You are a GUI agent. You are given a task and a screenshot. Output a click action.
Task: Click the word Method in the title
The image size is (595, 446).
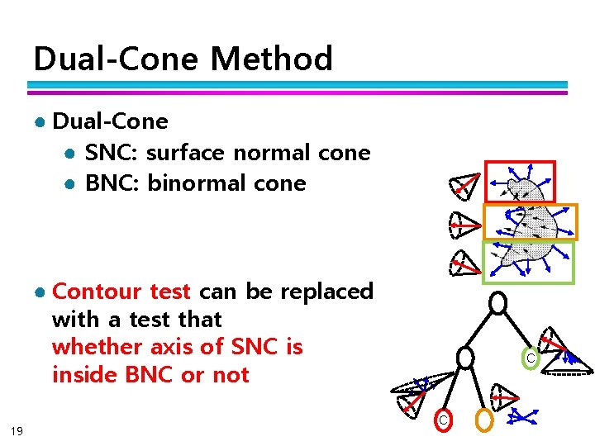pos(271,59)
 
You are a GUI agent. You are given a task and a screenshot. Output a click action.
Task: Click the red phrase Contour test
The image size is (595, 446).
pos(121,292)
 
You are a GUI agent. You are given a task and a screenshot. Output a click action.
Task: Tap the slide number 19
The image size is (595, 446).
pos(17,430)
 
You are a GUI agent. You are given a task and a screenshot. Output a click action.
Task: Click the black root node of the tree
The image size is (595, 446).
pos(497,303)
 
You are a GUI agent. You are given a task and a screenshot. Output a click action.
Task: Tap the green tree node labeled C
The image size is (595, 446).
pos(530,358)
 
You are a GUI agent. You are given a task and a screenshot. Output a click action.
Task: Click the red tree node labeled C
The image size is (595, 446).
pos(443,420)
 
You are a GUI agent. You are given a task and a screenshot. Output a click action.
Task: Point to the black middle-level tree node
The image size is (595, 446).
pos(466,358)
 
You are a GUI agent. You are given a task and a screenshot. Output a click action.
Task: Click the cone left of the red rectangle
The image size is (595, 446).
pos(464,187)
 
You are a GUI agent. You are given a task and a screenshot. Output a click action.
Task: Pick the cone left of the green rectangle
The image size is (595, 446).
pos(463,263)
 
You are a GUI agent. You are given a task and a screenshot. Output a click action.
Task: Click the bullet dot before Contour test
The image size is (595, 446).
pos(39,292)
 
